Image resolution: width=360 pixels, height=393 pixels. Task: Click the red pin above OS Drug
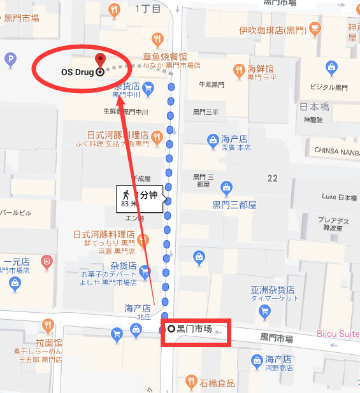click(x=99, y=60)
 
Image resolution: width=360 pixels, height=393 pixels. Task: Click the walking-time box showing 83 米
click(x=140, y=198)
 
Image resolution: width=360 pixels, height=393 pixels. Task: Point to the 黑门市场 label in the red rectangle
click(x=194, y=329)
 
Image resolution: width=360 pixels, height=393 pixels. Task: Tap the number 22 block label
click(x=273, y=178)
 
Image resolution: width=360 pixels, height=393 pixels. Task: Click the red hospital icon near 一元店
click(x=46, y=261)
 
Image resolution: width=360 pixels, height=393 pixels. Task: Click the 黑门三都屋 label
click(x=234, y=205)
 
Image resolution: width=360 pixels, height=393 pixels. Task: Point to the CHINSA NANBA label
click(x=336, y=150)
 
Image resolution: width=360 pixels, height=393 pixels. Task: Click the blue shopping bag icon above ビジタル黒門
click(x=331, y=66)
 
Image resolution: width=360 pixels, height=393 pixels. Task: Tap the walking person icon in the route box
click(x=126, y=192)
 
